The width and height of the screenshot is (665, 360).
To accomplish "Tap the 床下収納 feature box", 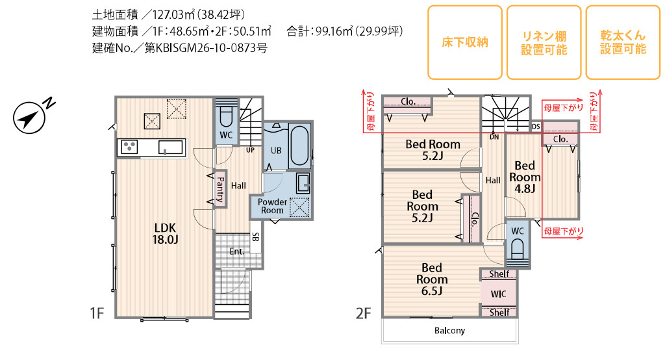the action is pos(465,42).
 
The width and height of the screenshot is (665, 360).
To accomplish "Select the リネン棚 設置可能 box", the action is pos(544,42).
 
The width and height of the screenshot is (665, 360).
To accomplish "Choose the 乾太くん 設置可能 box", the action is pos(623,42).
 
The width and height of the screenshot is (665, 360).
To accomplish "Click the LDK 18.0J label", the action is pos(165,233).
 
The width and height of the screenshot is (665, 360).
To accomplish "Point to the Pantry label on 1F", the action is pos(220,189).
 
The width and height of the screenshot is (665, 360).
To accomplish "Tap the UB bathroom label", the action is pos(276,150).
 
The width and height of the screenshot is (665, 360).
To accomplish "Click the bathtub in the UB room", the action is pos(299,145).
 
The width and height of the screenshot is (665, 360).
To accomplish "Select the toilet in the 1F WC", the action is pos(225,117).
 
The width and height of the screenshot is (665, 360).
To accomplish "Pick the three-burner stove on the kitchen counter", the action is pos(129,147).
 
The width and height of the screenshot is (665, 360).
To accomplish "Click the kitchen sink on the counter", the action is pos(171,147).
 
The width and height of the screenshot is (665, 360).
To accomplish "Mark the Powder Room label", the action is pos(272,206).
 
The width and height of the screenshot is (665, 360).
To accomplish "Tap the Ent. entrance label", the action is pos(236,251).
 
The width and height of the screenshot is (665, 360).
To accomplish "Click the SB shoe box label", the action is pos(255,237).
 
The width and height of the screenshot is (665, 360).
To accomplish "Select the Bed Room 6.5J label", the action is pos(432,279).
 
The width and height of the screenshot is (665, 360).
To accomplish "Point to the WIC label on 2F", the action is pos(498,294).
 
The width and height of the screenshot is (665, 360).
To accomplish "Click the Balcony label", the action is pos(449,330).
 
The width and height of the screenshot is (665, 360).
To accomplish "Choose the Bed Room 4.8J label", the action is pos(525,177).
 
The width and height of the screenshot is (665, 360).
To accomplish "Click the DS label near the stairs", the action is pos(536,127).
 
